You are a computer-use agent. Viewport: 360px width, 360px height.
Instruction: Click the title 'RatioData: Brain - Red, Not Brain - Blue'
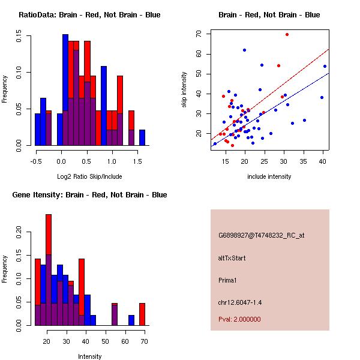(89, 15)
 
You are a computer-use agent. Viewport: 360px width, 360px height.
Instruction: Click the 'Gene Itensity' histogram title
(89, 195)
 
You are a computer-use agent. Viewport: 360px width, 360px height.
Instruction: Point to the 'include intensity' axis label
(269, 176)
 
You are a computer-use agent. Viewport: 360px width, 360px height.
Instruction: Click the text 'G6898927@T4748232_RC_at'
(261, 236)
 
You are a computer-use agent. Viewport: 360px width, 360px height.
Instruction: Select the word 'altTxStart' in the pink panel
(232, 258)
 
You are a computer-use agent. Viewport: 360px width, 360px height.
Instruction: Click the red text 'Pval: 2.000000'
(239, 319)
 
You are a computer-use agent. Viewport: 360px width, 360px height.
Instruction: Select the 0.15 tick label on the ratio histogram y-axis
(20, 37)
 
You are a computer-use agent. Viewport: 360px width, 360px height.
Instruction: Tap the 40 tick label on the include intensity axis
(323, 161)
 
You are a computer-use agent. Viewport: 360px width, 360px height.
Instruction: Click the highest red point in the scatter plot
(287, 34)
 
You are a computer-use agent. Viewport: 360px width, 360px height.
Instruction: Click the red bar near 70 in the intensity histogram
(142, 314)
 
